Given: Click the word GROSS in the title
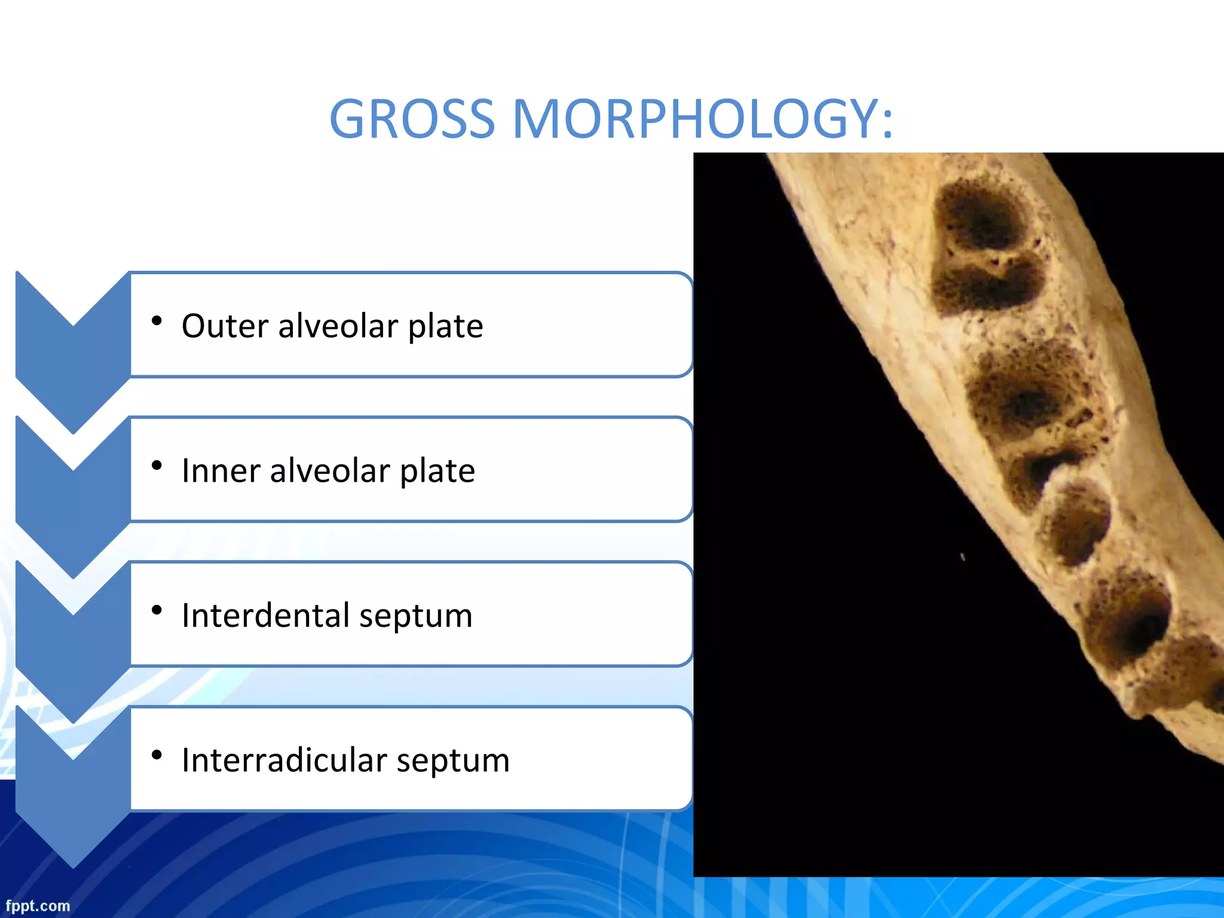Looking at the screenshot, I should click(412, 119).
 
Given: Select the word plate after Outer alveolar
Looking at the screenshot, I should click(445, 326).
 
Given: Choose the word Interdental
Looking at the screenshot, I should click(265, 616).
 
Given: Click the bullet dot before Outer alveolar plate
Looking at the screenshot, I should click(157, 322).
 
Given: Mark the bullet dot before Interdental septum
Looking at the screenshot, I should click(157, 610).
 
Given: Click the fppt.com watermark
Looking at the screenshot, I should click(38, 906).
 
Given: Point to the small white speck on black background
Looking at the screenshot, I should click(963, 557).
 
